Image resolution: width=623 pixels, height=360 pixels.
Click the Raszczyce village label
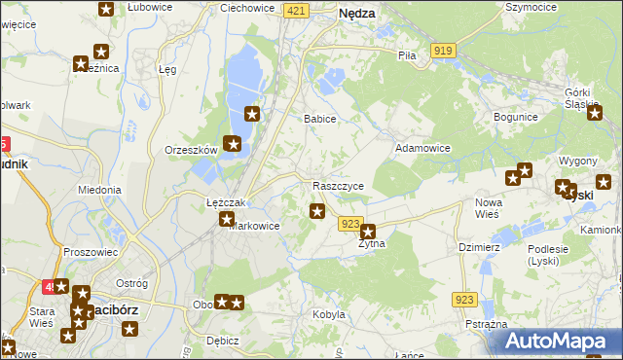click(339, 186)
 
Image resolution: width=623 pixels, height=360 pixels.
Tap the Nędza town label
click(357, 15)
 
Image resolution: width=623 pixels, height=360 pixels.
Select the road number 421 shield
click(297, 10)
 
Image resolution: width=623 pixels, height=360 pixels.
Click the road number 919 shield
click(444, 50)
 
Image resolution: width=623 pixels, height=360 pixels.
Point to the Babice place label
click(320, 119)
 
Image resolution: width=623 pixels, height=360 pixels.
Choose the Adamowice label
click(421, 148)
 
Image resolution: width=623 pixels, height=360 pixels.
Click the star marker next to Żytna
click(368, 232)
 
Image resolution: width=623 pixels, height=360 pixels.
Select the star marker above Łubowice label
click(105, 9)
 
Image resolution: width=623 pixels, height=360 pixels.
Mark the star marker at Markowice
click(226, 220)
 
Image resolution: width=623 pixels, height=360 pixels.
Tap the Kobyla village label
click(329, 314)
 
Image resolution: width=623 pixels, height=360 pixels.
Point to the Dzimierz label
click(479, 247)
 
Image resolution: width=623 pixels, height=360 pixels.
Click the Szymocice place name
click(531, 7)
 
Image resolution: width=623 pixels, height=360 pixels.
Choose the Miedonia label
click(99, 190)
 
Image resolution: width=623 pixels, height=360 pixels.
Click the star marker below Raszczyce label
click(317, 210)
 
